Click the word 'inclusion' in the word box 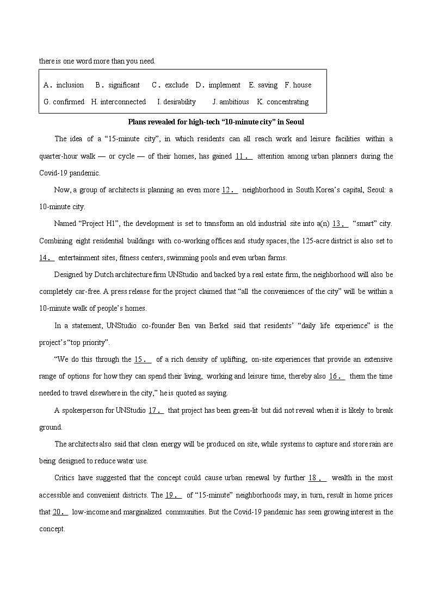click(x=70, y=85)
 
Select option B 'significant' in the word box click(x=124, y=85)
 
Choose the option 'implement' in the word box click(x=224, y=85)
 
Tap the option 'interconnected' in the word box click(x=123, y=102)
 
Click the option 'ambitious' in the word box click(x=234, y=102)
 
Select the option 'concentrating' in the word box click(x=287, y=102)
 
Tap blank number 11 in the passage click(x=244, y=156)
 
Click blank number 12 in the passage click(x=230, y=190)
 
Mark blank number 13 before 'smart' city click(x=340, y=224)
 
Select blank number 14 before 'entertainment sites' click(x=47, y=258)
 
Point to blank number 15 click(x=143, y=360)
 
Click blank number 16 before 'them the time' click(x=337, y=376)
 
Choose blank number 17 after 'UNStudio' click(x=156, y=411)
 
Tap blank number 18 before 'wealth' click(x=317, y=478)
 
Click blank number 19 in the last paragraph click(x=174, y=495)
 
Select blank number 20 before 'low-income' click(x=60, y=512)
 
